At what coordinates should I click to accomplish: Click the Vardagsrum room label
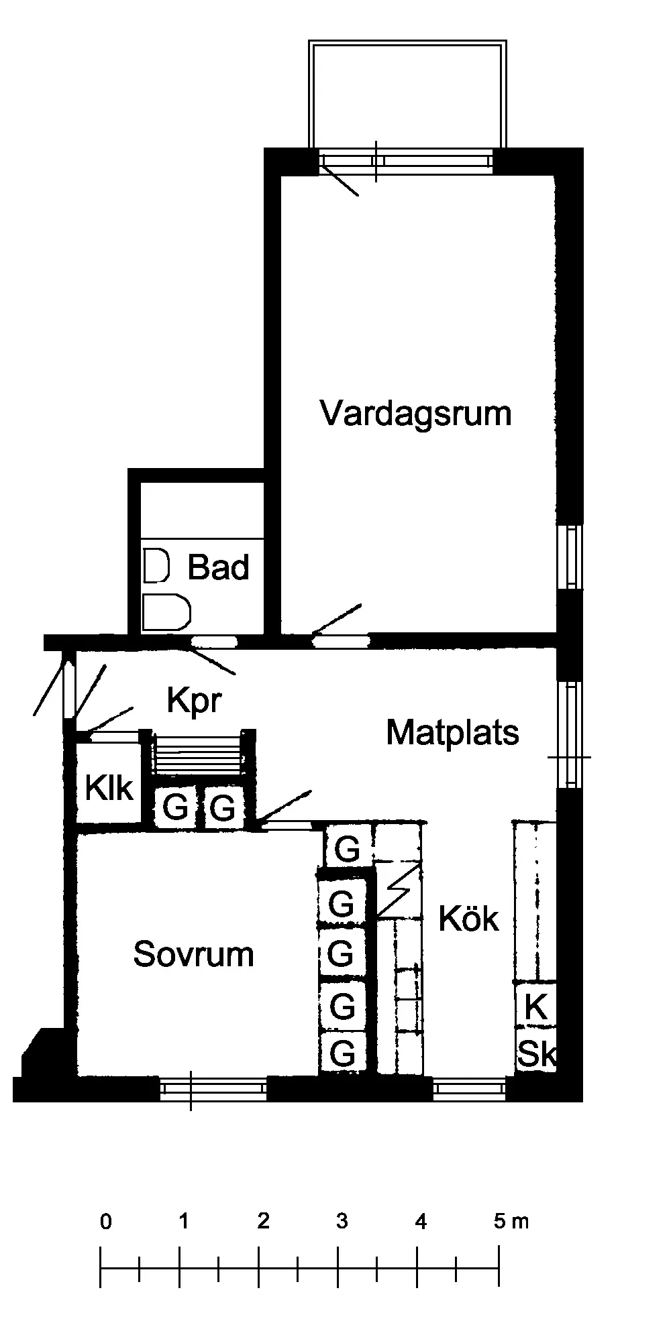[415, 413]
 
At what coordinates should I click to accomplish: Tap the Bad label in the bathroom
[218, 567]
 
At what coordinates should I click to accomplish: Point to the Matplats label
[452, 733]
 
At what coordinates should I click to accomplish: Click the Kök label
[468, 919]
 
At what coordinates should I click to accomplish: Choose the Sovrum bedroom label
[193, 954]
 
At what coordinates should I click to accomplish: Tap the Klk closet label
[109, 789]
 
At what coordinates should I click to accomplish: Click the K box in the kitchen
[535, 1006]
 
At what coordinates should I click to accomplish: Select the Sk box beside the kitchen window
[537, 1055]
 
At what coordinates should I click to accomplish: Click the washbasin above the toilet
[156, 565]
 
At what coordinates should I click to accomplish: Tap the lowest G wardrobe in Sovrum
[343, 1054]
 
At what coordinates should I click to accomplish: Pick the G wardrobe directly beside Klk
[175, 808]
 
